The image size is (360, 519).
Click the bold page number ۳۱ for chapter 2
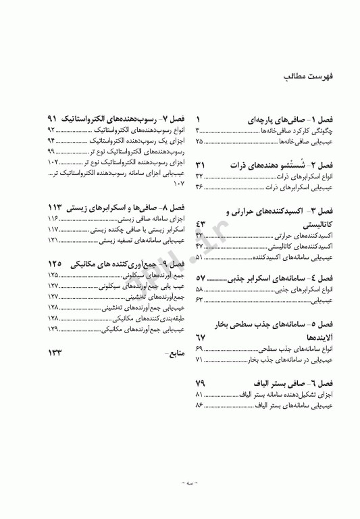pyautogui.click(x=201, y=166)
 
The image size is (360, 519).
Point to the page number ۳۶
pyautogui.click(x=200, y=186)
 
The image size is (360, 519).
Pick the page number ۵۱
pyautogui.click(x=200, y=257)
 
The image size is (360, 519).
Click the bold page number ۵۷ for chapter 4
pyautogui.click(x=201, y=278)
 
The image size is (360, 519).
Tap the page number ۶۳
pyautogui.click(x=200, y=299)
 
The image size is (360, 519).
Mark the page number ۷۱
pyautogui.click(x=200, y=360)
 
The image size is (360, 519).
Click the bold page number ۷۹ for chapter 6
pyautogui.click(x=201, y=383)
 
